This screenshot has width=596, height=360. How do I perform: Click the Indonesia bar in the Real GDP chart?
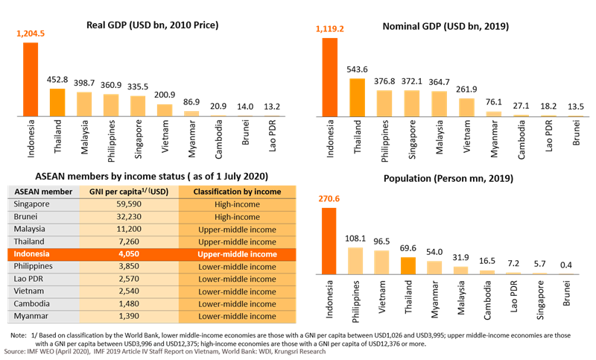pyautogui.click(x=31, y=78)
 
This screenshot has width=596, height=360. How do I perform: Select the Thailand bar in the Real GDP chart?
pyautogui.click(x=57, y=102)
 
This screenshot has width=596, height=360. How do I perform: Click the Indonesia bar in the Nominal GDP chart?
pyautogui.click(x=329, y=77)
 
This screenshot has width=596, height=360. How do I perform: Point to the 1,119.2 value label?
pyautogui.click(x=330, y=29)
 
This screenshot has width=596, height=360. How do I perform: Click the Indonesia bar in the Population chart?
pyautogui.click(x=329, y=240)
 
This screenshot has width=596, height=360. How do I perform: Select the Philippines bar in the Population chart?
pyautogui.click(x=356, y=260)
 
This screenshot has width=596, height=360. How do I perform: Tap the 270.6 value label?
pyautogui.click(x=329, y=199)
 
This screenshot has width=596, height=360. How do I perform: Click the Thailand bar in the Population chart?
pyautogui.click(x=409, y=265)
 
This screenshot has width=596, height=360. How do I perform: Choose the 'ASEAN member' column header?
pyautogui.click(x=42, y=192)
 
